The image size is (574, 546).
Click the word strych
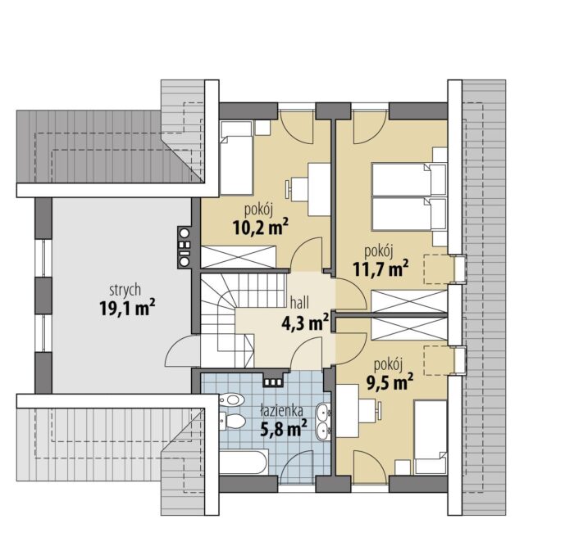coord(125,290)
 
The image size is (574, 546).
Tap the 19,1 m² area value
coord(127,308)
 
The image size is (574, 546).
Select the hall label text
coord(299,303)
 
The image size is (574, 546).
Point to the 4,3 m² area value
coord(305,322)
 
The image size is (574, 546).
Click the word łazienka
coord(281,411)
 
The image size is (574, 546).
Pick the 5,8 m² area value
coord(284,428)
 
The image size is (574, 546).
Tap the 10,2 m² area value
coord(260,228)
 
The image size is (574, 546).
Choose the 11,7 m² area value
coord(380,268)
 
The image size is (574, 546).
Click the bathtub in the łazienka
coord(244,463)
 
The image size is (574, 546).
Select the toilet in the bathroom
coord(232,422)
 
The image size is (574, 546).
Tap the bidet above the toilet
coord(231,399)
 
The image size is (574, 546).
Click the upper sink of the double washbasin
coord(324,413)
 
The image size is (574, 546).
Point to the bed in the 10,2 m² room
coord(236,158)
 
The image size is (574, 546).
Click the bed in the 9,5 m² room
coord(430,437)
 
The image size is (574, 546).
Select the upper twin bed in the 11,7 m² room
coord(409,179)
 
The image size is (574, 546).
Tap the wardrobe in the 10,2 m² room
coord(239,257)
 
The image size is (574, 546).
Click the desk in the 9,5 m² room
coord(347,411)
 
